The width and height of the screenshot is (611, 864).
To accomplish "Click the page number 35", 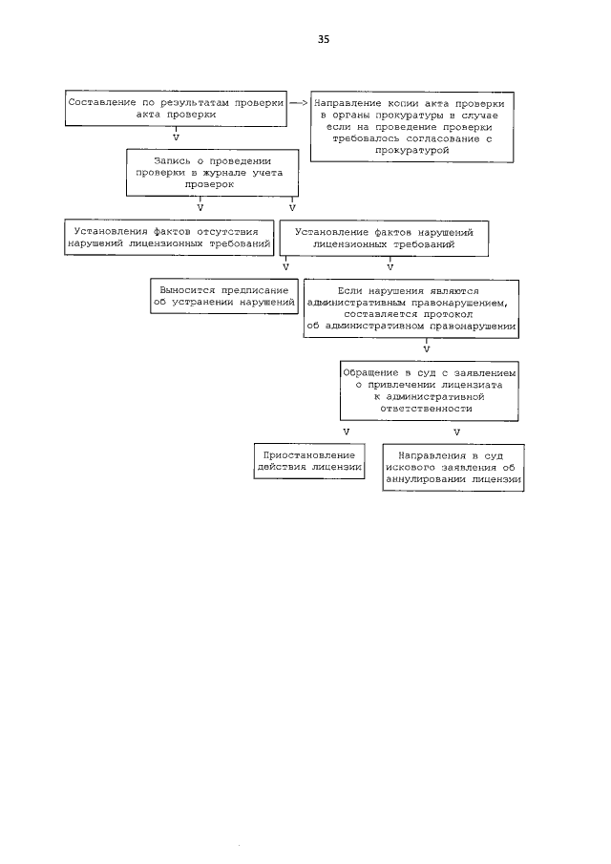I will [x=323, y=39].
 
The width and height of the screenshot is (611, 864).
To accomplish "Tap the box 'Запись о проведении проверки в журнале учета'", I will [x=214, y=172].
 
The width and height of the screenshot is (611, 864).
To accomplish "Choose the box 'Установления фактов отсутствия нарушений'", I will [x=169, y=238].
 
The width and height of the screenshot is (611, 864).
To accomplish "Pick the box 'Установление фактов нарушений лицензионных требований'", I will [x=383, y=238].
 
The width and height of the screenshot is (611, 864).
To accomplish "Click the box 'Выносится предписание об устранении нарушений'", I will [x=224, y=295].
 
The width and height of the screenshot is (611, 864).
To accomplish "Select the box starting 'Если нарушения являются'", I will [x=411, y=308].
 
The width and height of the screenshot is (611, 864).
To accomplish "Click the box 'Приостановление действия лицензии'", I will [x=308, y=462].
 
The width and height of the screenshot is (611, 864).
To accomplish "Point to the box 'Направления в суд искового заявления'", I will [x=453, y=468].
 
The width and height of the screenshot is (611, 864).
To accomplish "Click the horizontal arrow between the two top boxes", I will [x=298, y=101].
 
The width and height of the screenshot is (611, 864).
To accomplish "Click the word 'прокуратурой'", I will [x=411, y=151].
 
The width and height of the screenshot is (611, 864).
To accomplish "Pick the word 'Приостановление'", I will [x=308, y=455].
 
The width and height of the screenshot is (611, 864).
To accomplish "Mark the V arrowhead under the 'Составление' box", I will [x=175, y=137].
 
